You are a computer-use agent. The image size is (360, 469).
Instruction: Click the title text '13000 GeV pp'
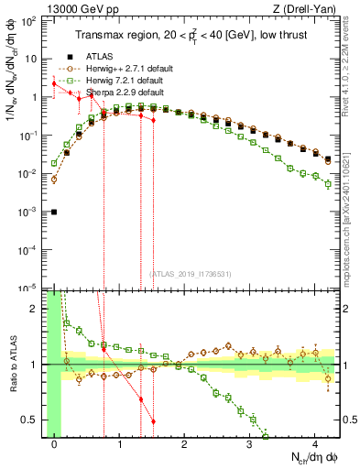tap(74, 8)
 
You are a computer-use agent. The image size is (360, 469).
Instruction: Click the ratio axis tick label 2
tap(37, 309)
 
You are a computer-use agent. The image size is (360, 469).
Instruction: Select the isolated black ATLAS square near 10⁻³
tap(54, 212)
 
